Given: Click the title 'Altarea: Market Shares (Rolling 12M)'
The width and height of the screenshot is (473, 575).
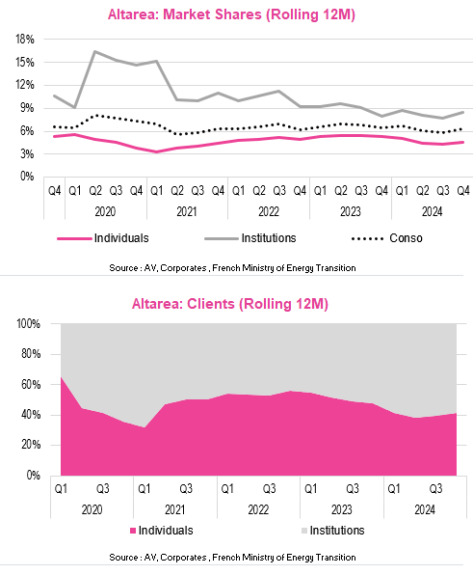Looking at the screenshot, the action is pyautogui.click(x=231, y=14).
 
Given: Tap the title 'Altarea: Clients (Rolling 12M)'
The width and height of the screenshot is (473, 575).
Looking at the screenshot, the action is pyautogui.click(x=230, y=304).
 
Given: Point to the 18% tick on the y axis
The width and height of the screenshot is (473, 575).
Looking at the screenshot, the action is pyautogui.click(x=25, y=40).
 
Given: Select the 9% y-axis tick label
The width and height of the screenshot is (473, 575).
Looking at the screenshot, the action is pyautogui.click(x=27, y=108).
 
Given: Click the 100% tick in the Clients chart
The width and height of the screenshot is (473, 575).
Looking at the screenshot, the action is pyautogui.click(x=29, y=324).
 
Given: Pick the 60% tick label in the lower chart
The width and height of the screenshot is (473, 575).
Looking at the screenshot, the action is pyautogui.click(x=31, y=385).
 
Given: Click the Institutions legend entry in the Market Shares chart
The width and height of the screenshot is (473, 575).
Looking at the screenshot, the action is pyautogui.click(x=250, y=238).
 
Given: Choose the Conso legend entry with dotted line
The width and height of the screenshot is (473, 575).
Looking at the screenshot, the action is pyautogui.click(x=386, y=238).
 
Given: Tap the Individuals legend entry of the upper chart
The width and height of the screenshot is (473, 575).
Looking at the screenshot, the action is pyautogui.click(x=103, y=238).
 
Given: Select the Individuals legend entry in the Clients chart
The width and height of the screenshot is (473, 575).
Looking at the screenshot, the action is pyautogui.click(x=162, y=531).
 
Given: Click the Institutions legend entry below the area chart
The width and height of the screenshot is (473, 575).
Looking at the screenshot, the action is pyautogui.click(x=332, y=531).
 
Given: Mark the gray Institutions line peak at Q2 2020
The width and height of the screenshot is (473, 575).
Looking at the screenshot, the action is pyautogui.click(x=94, y=52).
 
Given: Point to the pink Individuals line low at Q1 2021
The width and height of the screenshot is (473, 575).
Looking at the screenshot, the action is pyautogui.click(x=157, y=151).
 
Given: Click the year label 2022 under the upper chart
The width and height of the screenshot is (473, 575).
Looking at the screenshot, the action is pyautogui.click(x=269, y=212).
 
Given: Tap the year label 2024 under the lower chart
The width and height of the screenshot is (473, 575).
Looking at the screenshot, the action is pyautogui.click(x=425, y=509).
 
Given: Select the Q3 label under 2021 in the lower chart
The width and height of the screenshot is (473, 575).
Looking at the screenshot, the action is pyautogui.click(x=186, y=489).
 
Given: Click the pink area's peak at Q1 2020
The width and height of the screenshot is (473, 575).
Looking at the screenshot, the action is pyautogui.click(x=61, y=377).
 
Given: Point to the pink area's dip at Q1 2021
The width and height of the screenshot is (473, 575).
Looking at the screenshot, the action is pyautogui.click(x=145, y=427).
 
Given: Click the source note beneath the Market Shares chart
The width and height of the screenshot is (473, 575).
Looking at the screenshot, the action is pyautogui.click(x=232, y=268).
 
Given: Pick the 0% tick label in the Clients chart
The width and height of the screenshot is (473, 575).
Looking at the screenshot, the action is pyautogui.click(x=34, y=476).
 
